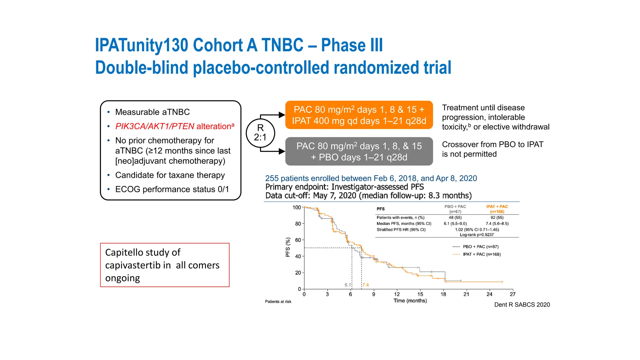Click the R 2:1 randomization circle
pos(260,133)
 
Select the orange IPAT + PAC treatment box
pos(359,115)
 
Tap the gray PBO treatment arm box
pos(359,152)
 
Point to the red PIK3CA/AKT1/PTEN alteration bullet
pos(174,126)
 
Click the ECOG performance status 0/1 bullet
pos(172,189)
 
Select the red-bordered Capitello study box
pos(165,265)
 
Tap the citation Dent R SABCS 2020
pos(522,305)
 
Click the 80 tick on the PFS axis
pos(298,224)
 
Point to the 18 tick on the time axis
pos(443,294)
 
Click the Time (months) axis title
pos(410,301)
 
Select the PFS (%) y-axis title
pos(288,247)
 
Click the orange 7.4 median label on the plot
pos(366,285)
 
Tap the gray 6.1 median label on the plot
pos(348,285)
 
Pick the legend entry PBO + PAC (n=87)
pos(481,247)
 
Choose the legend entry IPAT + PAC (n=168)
pos(482,254)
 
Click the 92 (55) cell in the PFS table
pos(497,217)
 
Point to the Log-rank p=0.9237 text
pos(477,235)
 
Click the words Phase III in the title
pos(352,45)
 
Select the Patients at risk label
pos(278,302)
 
